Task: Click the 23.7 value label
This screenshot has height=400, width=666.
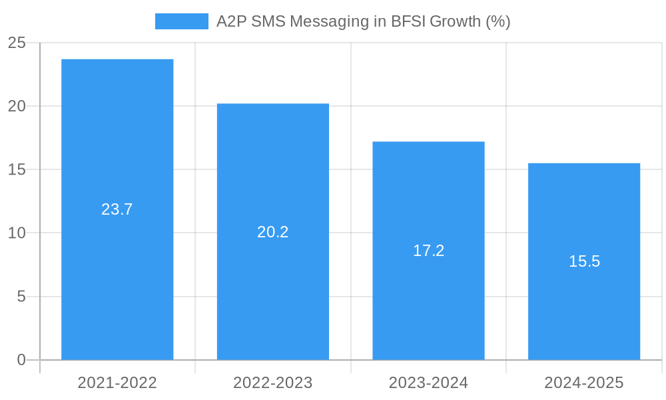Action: coord(117,209)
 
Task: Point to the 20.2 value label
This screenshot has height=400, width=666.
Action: coord(273,232)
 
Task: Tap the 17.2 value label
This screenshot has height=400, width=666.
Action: coord(428,251)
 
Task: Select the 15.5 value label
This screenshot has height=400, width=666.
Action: coord(584,261)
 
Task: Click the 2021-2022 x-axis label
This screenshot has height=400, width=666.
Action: coord(117,383)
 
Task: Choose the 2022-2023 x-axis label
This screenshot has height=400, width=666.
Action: coord(273,383)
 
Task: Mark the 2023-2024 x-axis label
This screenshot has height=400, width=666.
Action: coord(428,383)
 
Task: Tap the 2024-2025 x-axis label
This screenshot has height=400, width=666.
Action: coord(584,383)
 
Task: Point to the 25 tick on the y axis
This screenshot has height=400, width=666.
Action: coord(17,43)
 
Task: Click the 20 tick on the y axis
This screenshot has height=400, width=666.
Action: coord(17,107)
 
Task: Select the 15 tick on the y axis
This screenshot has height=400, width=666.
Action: coord(17,170)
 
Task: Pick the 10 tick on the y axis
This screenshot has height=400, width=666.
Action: coord(17,233)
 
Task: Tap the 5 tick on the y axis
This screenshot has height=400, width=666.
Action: coord(21,297)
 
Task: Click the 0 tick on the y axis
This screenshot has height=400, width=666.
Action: coord(21,360)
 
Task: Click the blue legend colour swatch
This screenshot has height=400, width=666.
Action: coord(181,21)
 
